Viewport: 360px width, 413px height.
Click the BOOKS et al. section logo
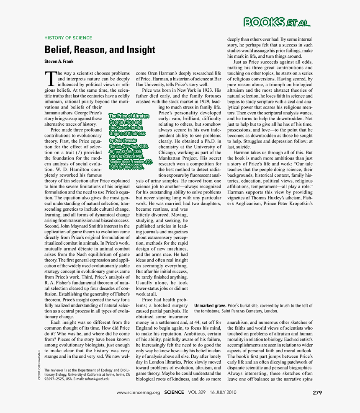tap(277, 22)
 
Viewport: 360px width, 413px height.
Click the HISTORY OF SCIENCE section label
tap(68, 38)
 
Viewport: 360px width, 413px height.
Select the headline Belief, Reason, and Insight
tap(100, 50)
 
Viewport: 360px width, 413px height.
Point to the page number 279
tap(317, 392)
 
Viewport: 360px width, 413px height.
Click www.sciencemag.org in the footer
tap(138, 392)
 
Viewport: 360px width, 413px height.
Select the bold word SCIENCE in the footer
tap(174, 392)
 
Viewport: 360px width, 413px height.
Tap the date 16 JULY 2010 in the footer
tap(223, 392)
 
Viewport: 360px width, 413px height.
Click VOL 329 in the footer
tap(196, 392)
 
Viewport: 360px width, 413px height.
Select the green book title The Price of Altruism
tap(129, 116)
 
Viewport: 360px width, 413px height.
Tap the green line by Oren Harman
tap(123, 140)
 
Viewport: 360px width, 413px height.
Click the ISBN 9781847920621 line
tap(126, 167)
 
